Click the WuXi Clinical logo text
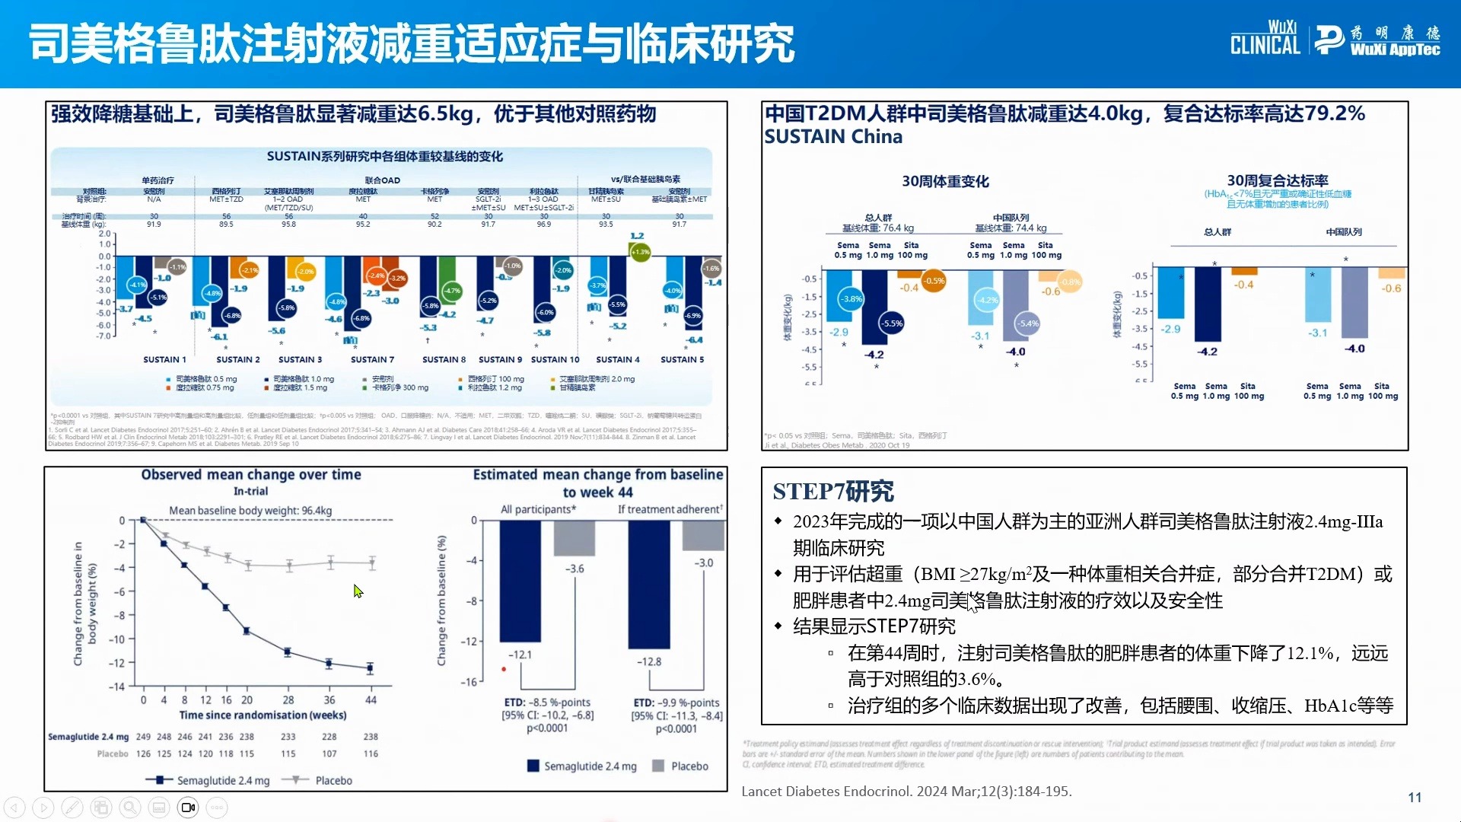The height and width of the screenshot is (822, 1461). pos(1265,38)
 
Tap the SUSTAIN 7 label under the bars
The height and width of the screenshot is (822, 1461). pos(372,359)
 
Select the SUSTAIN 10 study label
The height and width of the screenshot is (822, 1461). pos(555,359)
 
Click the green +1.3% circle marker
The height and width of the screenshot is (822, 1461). pos(641,252)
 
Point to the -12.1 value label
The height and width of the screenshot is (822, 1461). pos(520,655)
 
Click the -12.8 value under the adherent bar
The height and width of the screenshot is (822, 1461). pos(649,661)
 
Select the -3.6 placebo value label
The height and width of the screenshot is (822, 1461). pos(575,569)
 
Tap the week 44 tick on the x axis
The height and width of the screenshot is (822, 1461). pos(371,699)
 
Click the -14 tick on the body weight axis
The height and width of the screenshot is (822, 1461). pos(116,687)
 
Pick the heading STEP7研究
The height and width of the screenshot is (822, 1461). pos(833,492)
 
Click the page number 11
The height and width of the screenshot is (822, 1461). pos(1415,797)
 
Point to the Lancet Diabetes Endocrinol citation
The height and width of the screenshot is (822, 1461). pos(906,792)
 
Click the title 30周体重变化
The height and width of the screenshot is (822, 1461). pos(945,181)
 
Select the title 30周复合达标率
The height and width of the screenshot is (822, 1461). pos(1277,180)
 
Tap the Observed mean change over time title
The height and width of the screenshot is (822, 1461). pos(251,475)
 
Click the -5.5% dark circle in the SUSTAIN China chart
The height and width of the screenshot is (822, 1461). pos(892,323)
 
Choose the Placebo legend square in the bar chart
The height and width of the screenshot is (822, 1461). pos(658,766)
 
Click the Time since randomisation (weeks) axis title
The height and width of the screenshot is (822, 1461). pos(263,715)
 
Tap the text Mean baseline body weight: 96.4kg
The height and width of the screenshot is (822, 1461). pos(250,511)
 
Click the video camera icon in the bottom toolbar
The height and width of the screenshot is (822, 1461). pos(188,807)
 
